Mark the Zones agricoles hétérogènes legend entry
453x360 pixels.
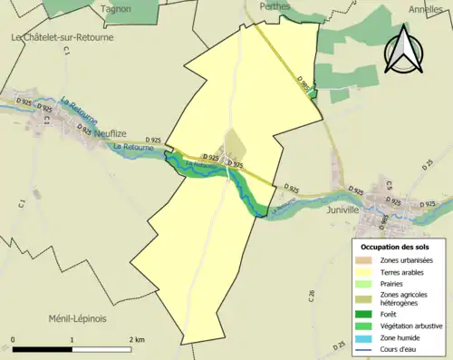click(x=403, y=298)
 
